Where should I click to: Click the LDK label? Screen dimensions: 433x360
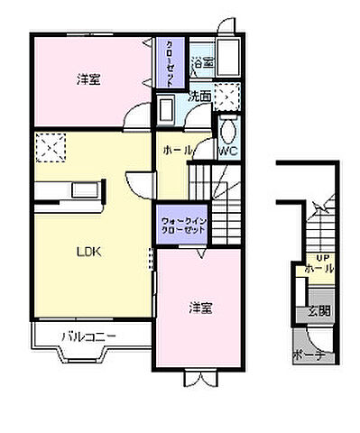(87, 252)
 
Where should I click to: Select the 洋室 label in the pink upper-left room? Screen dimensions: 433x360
(88, 79)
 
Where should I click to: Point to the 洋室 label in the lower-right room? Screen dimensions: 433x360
(200, 308)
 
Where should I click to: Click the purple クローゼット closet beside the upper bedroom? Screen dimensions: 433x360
(169, 61)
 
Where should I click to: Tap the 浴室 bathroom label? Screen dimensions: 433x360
(202, 63)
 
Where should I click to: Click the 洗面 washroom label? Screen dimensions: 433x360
(199, 96)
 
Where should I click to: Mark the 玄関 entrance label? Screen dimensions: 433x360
(318, 312)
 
